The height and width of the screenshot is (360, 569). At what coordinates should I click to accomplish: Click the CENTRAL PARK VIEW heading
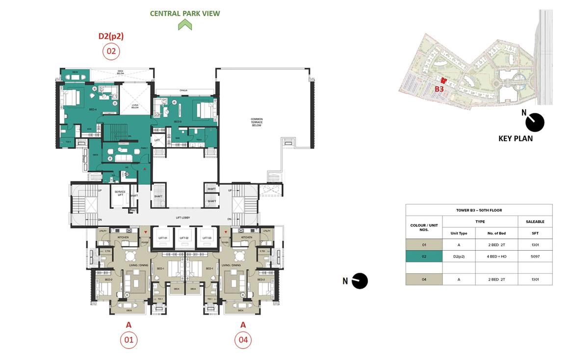(185, 13)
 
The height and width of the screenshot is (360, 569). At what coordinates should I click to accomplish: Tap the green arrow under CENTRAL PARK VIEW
(185, 25)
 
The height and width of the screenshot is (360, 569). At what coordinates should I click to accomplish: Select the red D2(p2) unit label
(111, 36)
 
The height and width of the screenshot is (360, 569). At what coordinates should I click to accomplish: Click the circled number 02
(111, 51)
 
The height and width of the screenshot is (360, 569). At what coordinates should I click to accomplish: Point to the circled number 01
(129, 340)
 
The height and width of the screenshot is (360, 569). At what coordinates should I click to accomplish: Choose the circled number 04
(243, 340)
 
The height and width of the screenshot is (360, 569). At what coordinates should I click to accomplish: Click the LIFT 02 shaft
(184, 237)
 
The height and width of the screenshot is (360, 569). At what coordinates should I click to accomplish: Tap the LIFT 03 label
(206, 238)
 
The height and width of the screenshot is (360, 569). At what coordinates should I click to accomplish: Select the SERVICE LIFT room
(120, 194)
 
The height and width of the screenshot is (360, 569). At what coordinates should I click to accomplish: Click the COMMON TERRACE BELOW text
(257, 122)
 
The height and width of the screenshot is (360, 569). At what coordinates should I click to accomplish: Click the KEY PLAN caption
(515, 139)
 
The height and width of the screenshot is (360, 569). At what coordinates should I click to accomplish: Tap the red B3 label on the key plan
(439, 89)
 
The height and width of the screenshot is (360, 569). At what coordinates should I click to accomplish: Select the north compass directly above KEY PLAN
(534, 122)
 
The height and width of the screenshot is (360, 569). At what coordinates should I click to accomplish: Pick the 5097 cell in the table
(535, 257)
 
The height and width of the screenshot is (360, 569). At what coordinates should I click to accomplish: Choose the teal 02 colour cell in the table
(424, 257)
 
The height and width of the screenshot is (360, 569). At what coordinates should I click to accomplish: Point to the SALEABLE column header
(535, 222)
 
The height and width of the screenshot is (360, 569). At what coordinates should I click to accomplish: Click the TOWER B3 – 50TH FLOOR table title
(479, 210)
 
